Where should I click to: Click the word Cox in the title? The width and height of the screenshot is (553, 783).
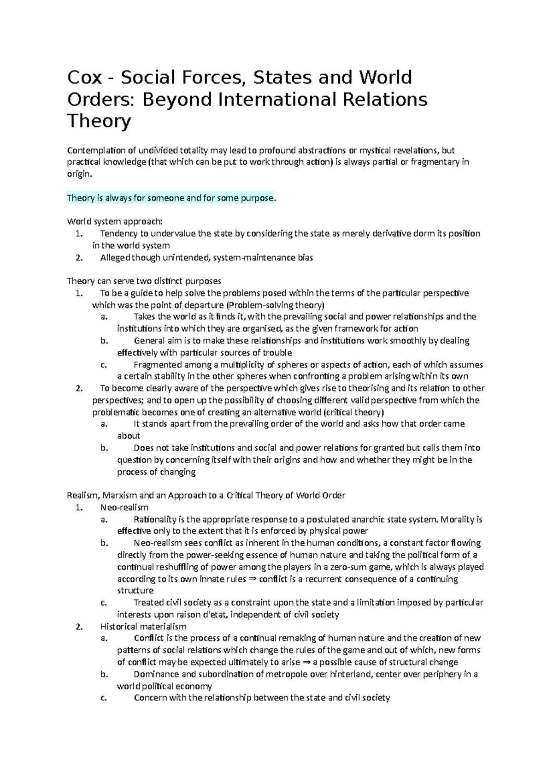[x=84, y=77]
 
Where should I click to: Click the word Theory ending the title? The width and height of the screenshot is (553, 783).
[x=99, y=121]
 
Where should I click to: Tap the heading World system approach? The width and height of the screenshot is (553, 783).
[x=114, y=221]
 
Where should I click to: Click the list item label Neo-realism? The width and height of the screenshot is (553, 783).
[x=124, y=508]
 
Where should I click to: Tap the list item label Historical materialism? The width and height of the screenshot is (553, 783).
[x=143, y=627]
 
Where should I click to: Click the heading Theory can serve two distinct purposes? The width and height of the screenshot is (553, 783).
[x=144, y=281]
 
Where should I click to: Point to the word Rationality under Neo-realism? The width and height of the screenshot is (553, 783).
[x=154, y=520]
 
